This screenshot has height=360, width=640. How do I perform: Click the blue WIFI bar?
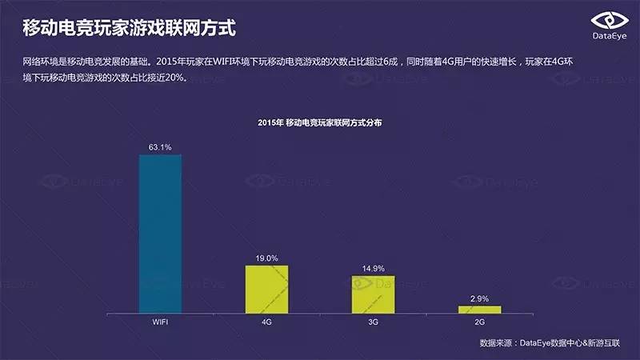[x=160, y=233]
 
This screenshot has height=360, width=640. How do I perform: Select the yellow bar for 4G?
[x=266, y=289]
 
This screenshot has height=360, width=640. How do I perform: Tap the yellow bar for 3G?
[x=373, y=294]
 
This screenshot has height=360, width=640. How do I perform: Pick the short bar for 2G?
[x=479, y=309]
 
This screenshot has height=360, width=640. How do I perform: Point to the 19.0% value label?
[x=266, y=258]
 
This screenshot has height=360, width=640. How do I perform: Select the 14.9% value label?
[x=373, y=269]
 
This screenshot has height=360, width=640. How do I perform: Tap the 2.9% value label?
[x=479, y=298]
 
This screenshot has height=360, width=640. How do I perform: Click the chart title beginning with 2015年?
[x=320, y=122]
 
